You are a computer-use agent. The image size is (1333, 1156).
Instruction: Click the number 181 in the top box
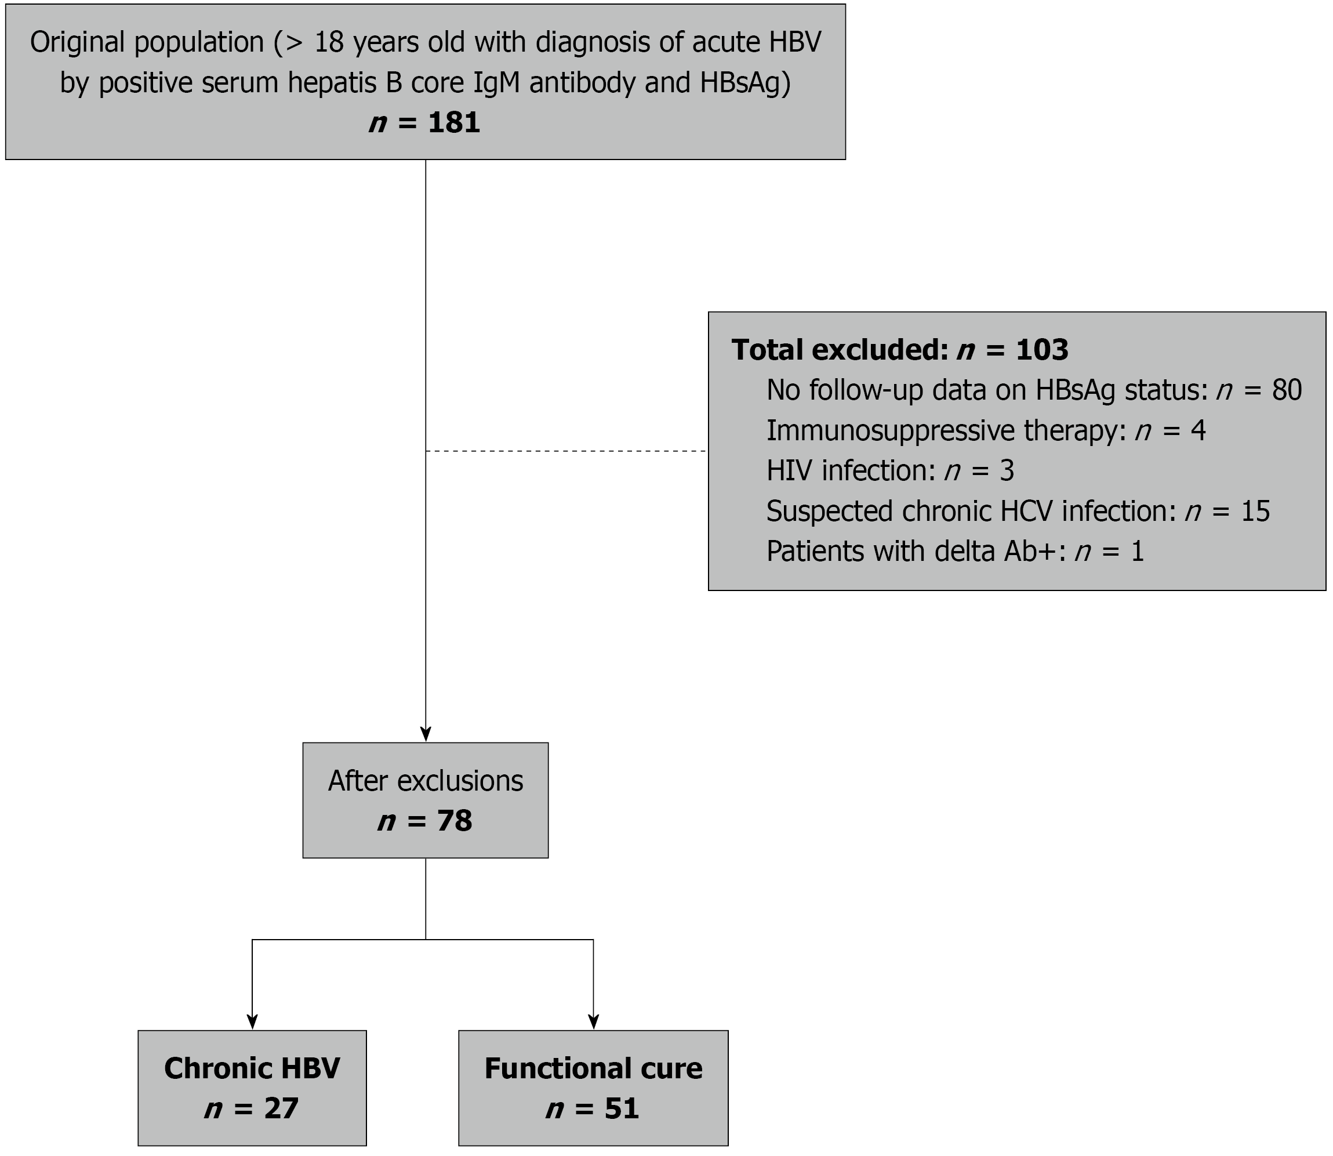454,122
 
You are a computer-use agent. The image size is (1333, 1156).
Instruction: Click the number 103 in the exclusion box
1042,350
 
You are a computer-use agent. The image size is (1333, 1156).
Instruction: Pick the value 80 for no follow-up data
1287,390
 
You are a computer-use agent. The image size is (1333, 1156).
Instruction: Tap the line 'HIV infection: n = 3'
891,471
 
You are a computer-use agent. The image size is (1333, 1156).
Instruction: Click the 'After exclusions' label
426,781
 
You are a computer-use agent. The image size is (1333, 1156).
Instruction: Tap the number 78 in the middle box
455,821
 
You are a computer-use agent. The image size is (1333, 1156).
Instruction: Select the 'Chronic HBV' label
252,1068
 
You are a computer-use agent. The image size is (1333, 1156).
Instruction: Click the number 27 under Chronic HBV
281,1108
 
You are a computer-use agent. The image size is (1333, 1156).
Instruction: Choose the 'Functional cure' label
593,1068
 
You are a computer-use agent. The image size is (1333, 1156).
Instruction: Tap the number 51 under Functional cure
622,1108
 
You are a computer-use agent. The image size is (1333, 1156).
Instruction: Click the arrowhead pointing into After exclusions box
426,735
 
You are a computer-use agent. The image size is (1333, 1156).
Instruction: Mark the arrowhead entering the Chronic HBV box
252,1023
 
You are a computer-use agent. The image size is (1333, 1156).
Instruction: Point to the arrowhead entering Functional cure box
593,1023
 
